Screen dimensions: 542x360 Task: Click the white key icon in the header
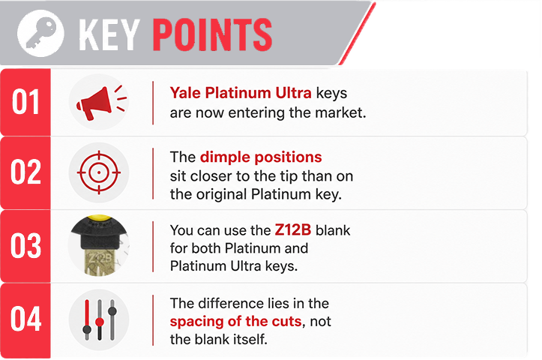(x=40, y=33)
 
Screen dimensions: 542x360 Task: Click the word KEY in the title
(x=109, y=34)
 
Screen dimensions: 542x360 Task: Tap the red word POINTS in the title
(x=212, y=34)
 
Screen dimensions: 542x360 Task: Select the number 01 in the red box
(x=25, y=102)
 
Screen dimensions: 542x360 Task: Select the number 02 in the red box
(x=25, y=172)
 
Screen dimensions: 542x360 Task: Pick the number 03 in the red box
(x=25, y=245)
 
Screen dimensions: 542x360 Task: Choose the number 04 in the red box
(x=25, y=319)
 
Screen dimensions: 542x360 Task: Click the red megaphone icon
(x=101, y=102)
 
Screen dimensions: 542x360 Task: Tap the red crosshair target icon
(x=99, y=172)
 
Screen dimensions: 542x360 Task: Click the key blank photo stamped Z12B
(x=99, y=245)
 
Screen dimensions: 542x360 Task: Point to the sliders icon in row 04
(x=100, y=320)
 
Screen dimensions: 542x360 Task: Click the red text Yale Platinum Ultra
(x=241, y=93)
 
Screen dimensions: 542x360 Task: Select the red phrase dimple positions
(x=261, y=157)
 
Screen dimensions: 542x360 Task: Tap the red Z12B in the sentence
(x=293, y=230)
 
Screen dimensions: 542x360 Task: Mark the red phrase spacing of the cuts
(x=235, y=322)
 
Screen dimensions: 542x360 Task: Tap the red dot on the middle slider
(x=100, y=322)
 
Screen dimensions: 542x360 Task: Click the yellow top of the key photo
(x=99, y=217)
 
